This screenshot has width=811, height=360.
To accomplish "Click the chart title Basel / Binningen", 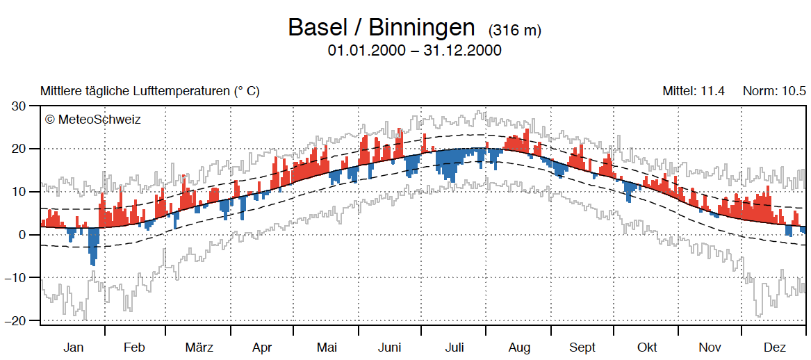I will pos(381,28).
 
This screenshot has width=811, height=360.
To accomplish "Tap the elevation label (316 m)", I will pos(515,31).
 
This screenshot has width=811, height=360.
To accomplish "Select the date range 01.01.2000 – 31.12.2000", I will pos(414,51).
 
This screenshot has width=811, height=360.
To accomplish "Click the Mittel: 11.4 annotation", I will pos(694,91).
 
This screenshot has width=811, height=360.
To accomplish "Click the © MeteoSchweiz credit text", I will pos(92,120).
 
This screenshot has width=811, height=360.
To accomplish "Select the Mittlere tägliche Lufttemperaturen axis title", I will pos(149,91).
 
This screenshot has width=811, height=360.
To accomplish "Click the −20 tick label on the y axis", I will pos(24,320).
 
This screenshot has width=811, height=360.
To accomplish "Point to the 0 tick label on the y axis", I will pos(31,235).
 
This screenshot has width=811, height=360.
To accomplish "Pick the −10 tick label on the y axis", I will pos(24,277).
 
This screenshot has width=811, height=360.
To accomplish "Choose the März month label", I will pos(199,347).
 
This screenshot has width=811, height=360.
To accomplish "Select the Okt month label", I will pos(646,347).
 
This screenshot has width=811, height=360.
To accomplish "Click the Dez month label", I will pos(774,347).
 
